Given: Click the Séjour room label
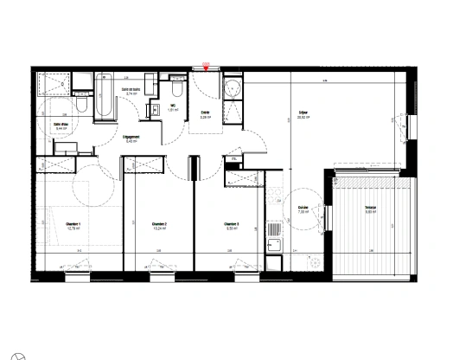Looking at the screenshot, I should point(303,113).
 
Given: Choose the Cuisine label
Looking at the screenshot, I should point(303,209).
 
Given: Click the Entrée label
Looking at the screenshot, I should point(206,113).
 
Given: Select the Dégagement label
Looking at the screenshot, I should point(131,138).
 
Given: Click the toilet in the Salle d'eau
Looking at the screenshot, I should point(80,103).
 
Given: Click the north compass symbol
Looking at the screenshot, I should point(27,351).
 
